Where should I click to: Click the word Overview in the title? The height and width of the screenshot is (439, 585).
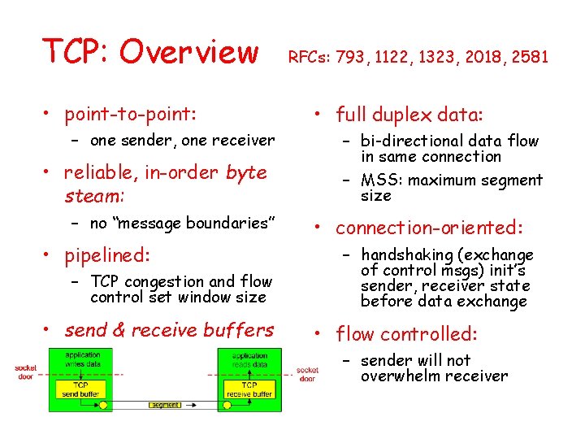pos(188,52)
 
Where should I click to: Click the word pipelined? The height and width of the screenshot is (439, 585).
pos(107,255)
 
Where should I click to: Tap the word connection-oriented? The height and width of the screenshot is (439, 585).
pos(430,228)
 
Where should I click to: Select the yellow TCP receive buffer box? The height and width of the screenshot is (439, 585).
pos(249,389)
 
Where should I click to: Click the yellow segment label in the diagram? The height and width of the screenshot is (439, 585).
pos(166,405)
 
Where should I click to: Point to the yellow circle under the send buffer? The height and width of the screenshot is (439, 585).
pos(103,405)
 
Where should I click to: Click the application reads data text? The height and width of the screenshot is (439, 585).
pos(249,361)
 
